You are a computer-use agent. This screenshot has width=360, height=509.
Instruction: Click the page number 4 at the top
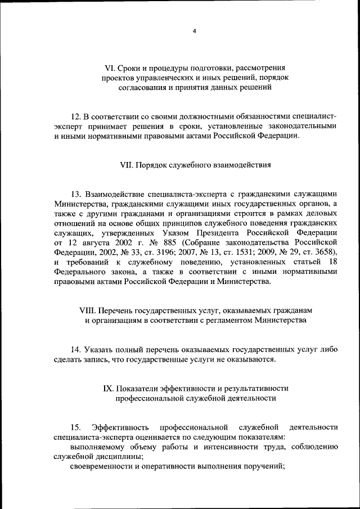click(x=194, y=31)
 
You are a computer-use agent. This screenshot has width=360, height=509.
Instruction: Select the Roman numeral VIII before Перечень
click(x=89, y=310)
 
